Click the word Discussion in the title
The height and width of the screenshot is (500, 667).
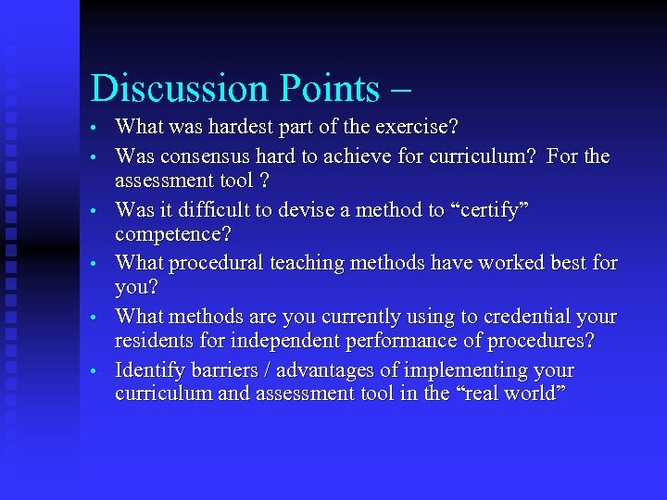[x=170, y=89]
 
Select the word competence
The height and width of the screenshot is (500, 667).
[x=172, y=233]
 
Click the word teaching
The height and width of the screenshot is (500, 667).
[x=308, y=263]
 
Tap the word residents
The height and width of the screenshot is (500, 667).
[x=151, y=340]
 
